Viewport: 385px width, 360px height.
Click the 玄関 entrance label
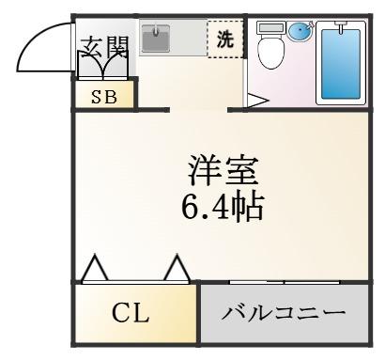tap(104, 47)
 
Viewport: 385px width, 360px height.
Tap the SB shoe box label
tap(104, 97)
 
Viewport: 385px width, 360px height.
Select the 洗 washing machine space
tap(225, 39)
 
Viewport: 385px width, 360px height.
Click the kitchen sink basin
tap(156, 39)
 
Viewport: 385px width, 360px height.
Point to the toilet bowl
tap(271, 53)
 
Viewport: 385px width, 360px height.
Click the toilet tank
tap(271, 27)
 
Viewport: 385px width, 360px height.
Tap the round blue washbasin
tap(300, 31)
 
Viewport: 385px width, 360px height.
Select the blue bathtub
tap(341, 64)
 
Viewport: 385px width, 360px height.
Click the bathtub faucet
tap(341, 25)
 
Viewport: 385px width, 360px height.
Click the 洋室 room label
tap(223, 171)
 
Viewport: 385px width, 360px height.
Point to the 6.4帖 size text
tap(223, 207)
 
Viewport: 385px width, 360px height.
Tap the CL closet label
tap(131, 313)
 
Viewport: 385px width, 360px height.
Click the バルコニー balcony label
tap(284, 313)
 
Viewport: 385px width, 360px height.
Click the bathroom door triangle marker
tap(257, 101)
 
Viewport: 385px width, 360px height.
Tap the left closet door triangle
tap(95, 268)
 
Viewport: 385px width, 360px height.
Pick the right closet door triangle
tap(177, 268)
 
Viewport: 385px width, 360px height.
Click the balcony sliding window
tap(285, 282)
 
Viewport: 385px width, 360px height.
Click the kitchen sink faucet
tap(156, 31)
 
